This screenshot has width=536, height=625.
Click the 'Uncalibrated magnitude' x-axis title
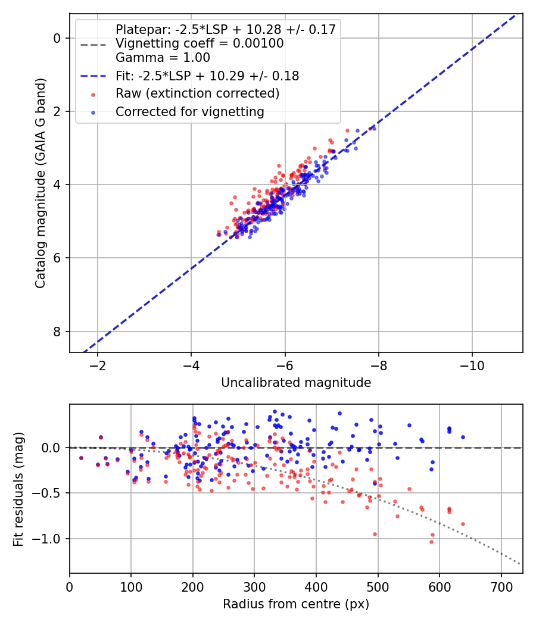[x=296, y=383]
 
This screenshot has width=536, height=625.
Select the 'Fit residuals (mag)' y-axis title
[x=18, y=489]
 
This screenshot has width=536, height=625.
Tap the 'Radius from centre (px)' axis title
[x=296, y=604]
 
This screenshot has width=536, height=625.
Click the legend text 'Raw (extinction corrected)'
[x=197, y=93]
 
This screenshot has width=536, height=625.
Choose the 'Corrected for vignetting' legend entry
[x=189, y=111]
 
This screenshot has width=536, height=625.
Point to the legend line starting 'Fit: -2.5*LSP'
[x=207, y=76]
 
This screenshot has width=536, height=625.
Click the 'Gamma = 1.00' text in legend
[x=163, y=58]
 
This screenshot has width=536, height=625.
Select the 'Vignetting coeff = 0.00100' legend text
[x=200, y=43]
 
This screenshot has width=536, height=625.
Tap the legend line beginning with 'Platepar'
[x=225, y=29]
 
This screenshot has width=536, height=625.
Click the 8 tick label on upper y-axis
[x=58, y=332]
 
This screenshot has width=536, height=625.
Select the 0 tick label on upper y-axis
[x=58, y=38]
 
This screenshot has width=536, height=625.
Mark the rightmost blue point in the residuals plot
[x=463, y=437]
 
